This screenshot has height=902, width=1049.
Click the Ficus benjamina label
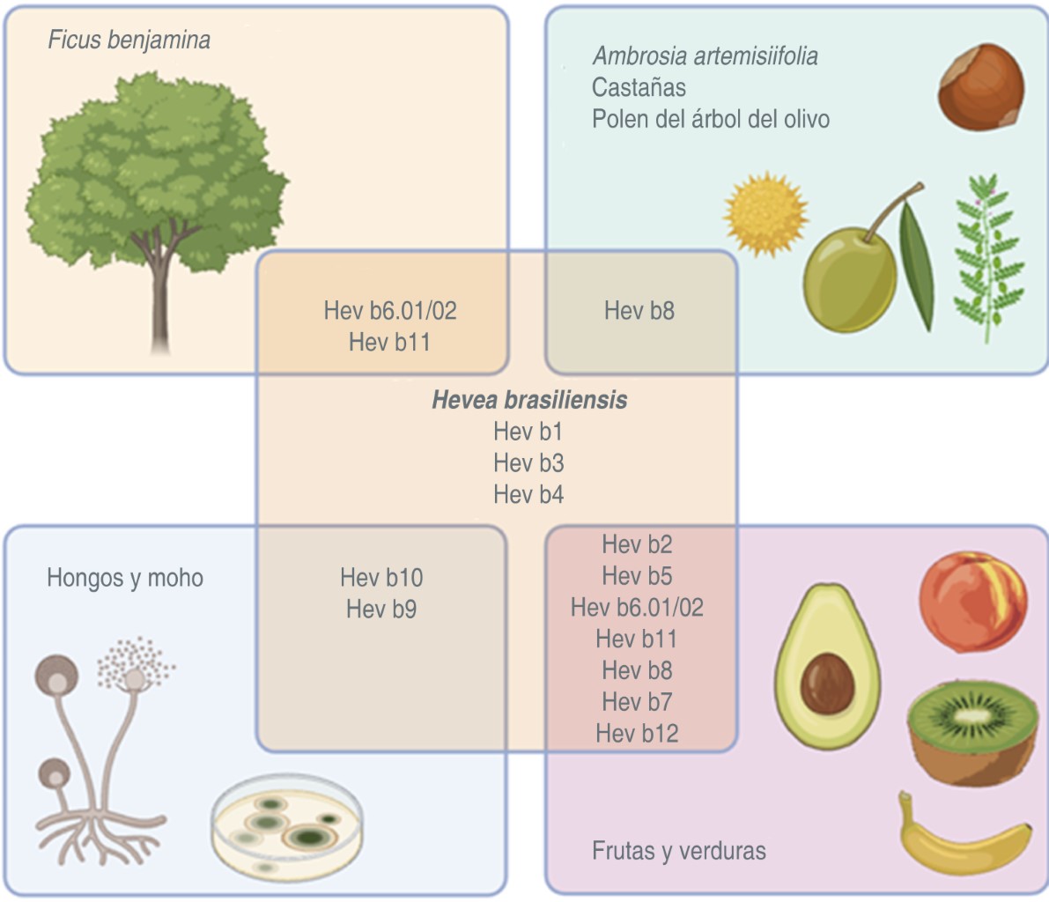(x=129, y=41)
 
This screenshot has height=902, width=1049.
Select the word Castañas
(x=639, y=87)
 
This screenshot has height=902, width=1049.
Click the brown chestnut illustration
(x=980, y=87)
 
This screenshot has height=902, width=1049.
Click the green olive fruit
(x=849, y=268)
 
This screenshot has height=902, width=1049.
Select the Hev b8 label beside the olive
(x=639, y=310)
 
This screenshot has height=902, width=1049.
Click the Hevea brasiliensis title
(x=529, y=400)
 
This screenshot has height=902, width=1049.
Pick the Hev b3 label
(x=528, y=463)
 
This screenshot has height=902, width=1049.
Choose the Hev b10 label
(x=381, y=578)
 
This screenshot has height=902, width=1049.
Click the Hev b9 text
(x=381, y=609)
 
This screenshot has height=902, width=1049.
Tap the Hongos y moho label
(x=125, y=578)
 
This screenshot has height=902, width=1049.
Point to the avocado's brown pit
(x=827, y=683)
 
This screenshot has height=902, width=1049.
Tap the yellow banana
(x=963, y=838)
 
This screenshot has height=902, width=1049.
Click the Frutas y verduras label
(x=679, y=851)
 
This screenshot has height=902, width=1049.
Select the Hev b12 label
(x=637, y=733)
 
